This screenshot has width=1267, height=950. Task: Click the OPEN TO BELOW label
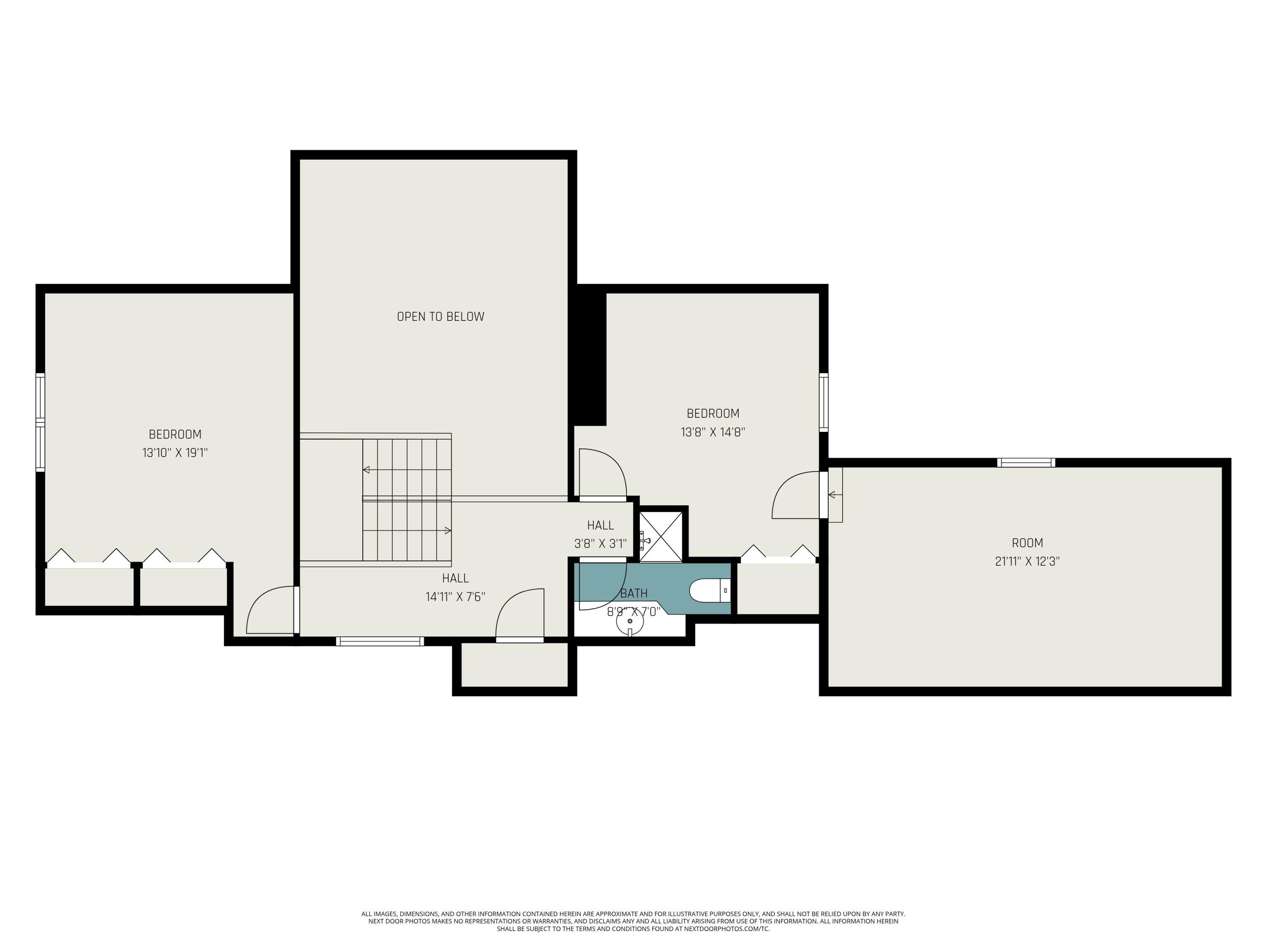pos(440,317)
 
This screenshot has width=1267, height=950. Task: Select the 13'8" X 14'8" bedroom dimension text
pos(712,432)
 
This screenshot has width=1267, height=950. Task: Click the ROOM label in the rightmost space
pos(1027,543)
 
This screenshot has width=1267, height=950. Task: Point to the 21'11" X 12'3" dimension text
pos(1027,562)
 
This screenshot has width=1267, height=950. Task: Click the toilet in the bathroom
pos(709,590)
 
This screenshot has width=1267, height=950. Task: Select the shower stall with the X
pos(661,537)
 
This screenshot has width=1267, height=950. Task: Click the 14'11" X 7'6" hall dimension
pos(455,597)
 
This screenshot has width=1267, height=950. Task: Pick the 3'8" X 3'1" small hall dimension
pos(600,544)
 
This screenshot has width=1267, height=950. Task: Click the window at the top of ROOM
pos(1026,463)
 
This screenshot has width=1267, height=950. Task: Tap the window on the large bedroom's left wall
pos(40,423)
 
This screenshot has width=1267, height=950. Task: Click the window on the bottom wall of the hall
pos(380,641)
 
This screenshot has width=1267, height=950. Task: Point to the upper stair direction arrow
pos(367,470)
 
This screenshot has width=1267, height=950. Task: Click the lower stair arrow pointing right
pos(447,531)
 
